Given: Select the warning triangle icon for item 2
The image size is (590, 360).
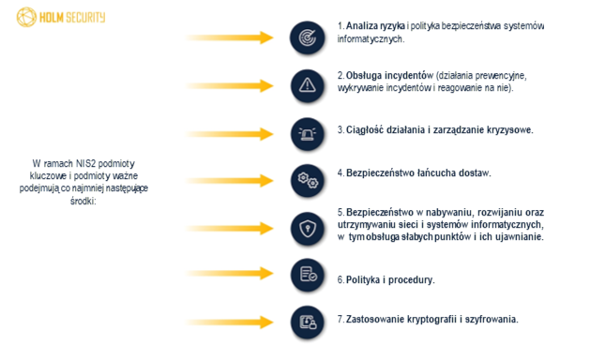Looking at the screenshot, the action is click(307, 84).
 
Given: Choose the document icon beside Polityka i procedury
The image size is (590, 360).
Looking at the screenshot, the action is click(307, 275).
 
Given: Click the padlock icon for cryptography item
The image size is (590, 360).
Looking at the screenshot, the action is click(307, 322).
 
